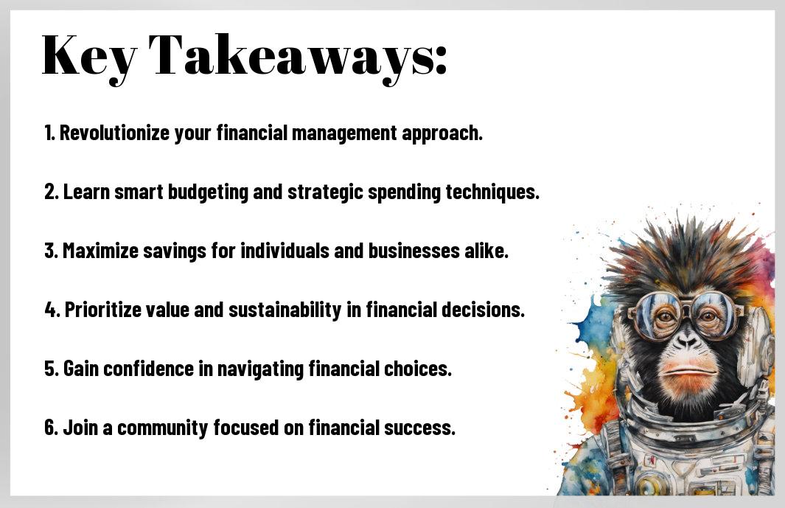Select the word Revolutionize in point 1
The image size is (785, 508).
(x=115, y=133)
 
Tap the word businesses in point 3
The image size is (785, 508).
(x=414, y=251)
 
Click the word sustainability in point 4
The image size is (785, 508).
(x=285, y=310)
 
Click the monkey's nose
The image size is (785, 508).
(x=685, y=341)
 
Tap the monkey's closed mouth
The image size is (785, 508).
(x=688, y=372)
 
